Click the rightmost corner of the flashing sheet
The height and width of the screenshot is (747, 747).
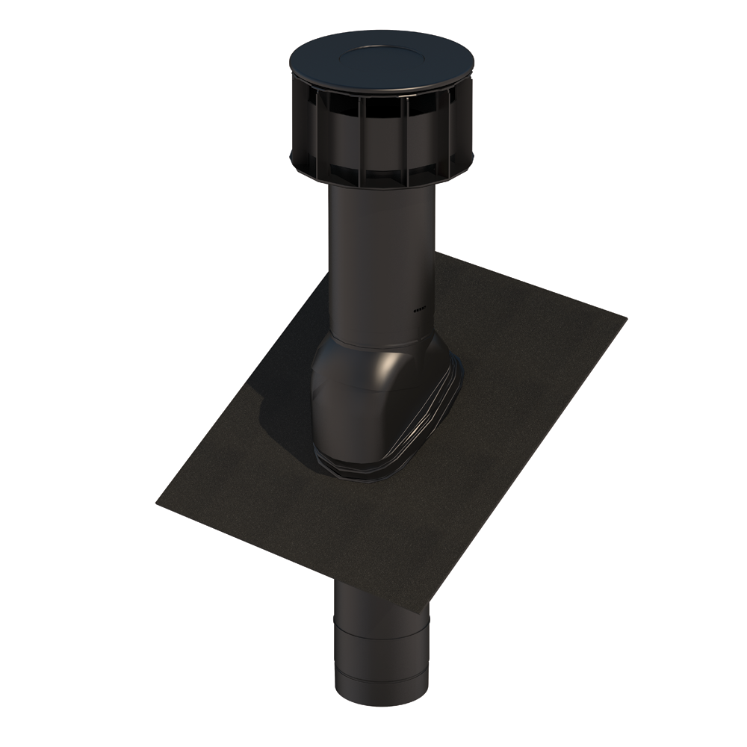pos(625,318)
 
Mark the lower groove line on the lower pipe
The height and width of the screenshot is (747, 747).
pos(381,669)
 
